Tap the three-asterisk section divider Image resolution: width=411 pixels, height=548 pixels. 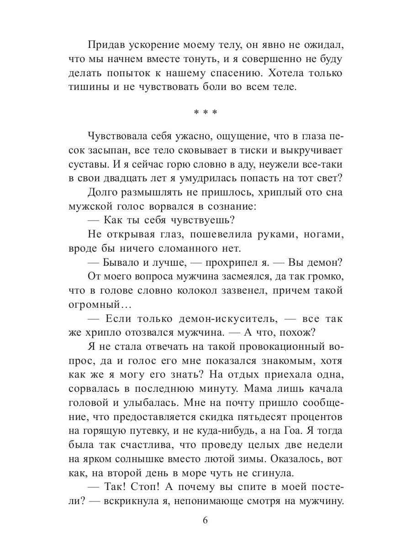coord(205,111)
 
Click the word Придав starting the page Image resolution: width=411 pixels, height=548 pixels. coord(105,46)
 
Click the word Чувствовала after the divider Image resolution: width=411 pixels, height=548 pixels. coord(118,137)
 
